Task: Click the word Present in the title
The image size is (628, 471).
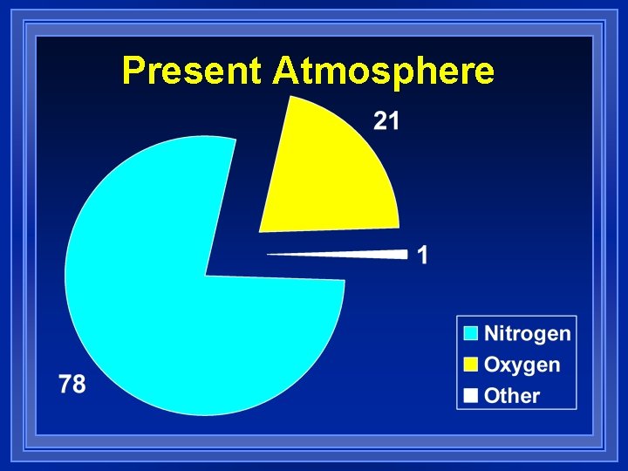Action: (192, 71)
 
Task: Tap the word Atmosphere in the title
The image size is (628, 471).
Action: (383, 71)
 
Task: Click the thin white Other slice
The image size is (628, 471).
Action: (366, 254)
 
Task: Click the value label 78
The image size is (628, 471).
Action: (73, 383)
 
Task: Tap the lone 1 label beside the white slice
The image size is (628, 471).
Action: (423, 256)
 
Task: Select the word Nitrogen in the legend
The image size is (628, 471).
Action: (528, 333)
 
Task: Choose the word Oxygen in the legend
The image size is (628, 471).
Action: (522, 365)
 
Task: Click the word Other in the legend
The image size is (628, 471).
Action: (512, 395)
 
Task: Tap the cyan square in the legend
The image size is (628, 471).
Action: (471, 333)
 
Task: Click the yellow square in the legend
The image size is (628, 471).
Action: (471, 365)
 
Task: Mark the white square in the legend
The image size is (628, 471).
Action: (471, 395)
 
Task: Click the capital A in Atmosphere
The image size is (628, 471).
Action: (284, 71)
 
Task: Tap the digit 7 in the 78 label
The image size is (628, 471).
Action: (65, 383)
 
